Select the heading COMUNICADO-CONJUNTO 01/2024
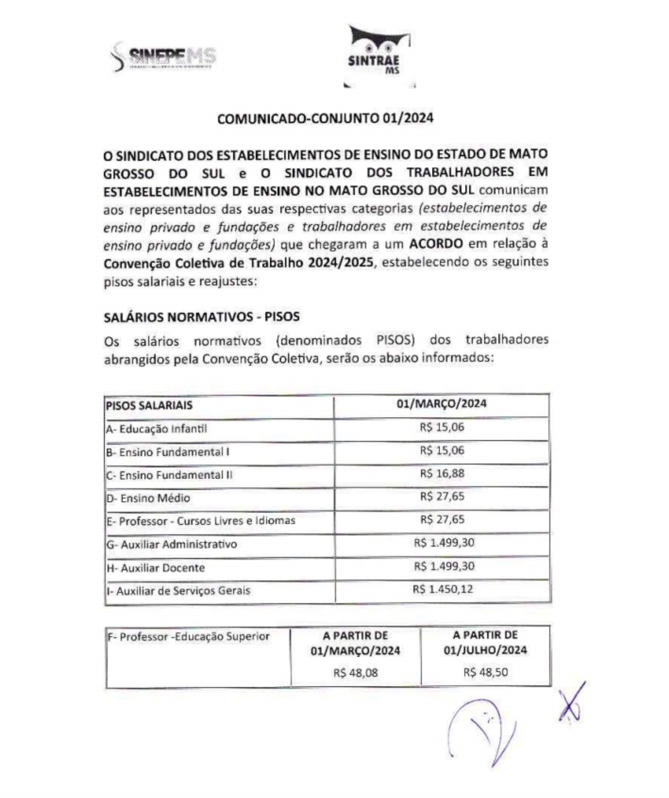[x=325, y=118]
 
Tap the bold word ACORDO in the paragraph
[x=436, y=244]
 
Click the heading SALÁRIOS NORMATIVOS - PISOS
[x=202, y=316]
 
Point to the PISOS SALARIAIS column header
[x=149, y=405]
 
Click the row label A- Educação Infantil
[x=156, y=429]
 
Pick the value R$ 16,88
[x=442, y=473]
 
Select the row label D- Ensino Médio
[x=148, y=498]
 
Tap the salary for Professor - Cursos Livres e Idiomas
[x=442, y=519]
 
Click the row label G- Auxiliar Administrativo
[x=171, y=544]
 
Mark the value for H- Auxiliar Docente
[x=444, y=566]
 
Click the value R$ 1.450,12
[x=442, y=589]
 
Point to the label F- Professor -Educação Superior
[x=188, y=636]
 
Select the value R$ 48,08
[x=355, y=672]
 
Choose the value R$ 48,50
[x=485, y=672]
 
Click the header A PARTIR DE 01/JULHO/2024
[x=485, y=642]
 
